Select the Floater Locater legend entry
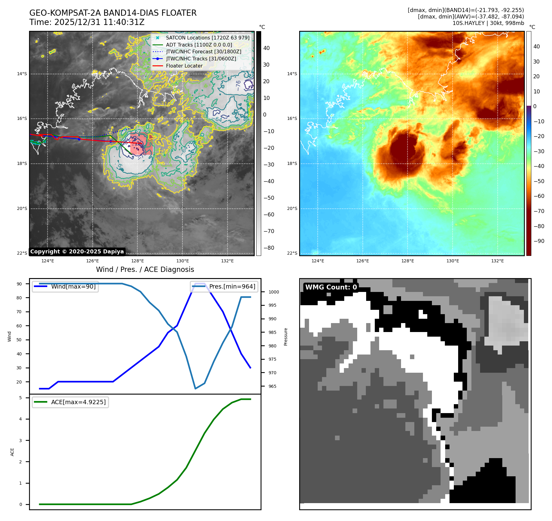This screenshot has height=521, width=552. (184, 66)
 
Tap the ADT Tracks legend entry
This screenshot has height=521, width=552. (199, 45)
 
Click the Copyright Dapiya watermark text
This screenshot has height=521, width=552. (77, 252)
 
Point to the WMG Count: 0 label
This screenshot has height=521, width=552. (331, 287)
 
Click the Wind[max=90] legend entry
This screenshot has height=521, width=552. (73, 286)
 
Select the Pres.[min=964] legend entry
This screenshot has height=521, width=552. (232, 286)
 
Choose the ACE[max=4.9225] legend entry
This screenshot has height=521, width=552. (78, 402)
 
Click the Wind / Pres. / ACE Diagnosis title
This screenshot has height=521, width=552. (145, 270)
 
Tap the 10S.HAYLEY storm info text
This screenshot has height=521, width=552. (488, 23)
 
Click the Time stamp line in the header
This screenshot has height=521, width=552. (87, 23)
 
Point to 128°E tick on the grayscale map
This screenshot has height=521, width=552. (137, 261)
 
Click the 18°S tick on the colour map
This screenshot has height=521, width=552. (292, 164)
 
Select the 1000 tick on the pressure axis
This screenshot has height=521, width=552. (274, 292)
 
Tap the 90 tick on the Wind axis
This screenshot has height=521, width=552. (19, 284)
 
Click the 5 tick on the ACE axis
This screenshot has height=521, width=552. (20, 398)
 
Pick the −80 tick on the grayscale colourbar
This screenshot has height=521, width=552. (269, 248)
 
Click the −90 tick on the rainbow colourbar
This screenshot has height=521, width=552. (539, 241)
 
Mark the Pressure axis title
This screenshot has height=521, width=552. (286, 337)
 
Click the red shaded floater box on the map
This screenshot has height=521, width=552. (141, 144)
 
